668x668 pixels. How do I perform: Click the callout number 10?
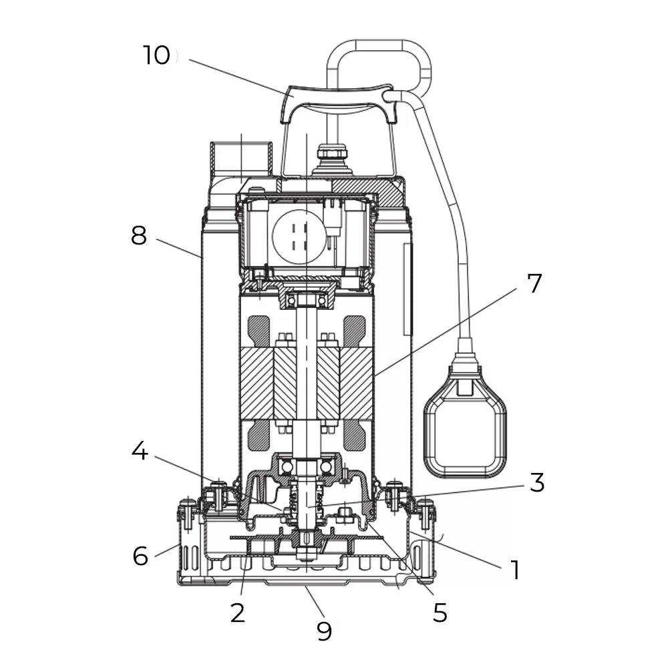pyautogui.click(x=157, y=55)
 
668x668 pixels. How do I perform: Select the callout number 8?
pyautogui.click(x=138, y=236)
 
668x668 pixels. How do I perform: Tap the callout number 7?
pyautogui.click(x=534, y=283)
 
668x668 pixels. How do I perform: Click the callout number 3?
pyautogui.click(x=537, y=483)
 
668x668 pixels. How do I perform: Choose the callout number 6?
pyautogui.click(x=140, y=555)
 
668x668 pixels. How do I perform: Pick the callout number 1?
pyautogui.click(x=514, y=570)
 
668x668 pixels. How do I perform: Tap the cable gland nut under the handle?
pyautogui.click(x=332, y=157)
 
